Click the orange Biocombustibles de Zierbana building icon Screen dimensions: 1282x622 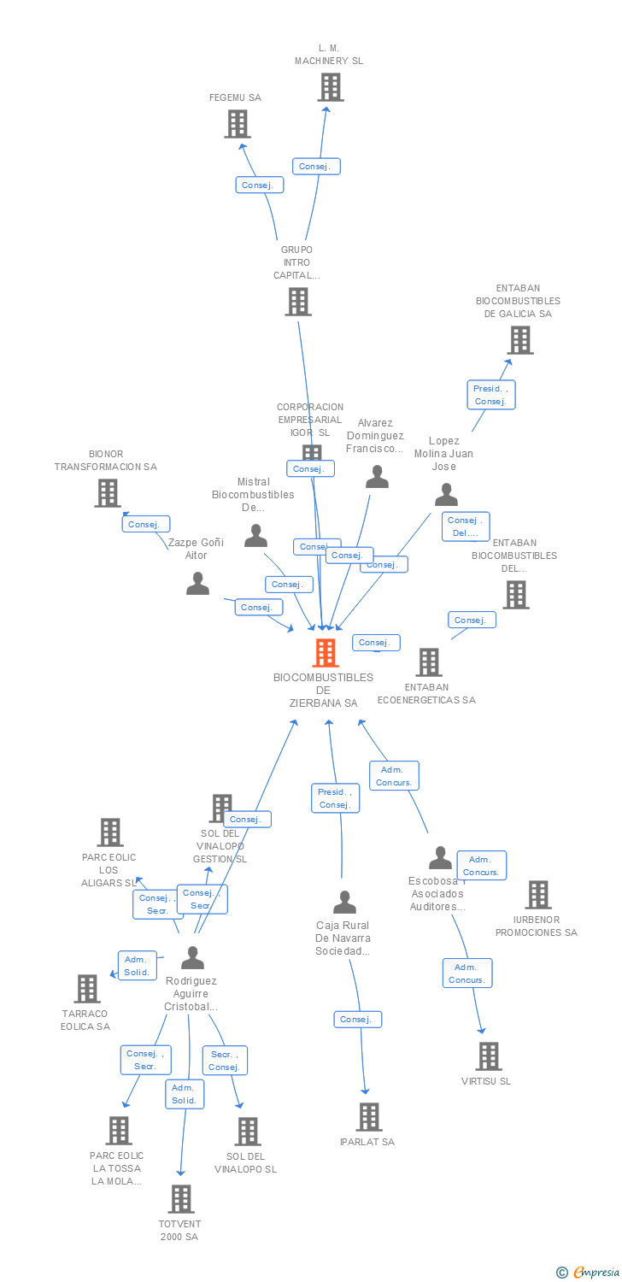[x=326, y=653]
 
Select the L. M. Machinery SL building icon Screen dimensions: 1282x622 [x=330, y=87]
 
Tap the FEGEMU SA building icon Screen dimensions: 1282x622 [x=237, y=124]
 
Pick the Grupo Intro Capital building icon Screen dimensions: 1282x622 [x=297, y=302]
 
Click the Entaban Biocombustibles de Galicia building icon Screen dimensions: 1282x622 [x=519, y=340]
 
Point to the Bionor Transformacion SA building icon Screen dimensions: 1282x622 [x=108, y=493]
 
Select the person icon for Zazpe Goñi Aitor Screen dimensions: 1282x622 [x=197, y=584]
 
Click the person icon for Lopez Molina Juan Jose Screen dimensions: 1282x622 [x=446, y=495]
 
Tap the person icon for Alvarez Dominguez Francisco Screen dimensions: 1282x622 [x=377, y=477]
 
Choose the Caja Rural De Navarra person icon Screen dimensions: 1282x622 [x=344, y=903]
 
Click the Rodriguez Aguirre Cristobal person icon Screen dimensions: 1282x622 [x=193, y=958]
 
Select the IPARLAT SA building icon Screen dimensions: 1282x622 [x=369, y=1117]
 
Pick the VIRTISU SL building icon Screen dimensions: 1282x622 [x=488, y=1056]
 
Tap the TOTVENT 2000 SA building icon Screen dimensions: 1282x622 [x=180, y=1199]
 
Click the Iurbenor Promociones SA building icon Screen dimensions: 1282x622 [x=537, y=895]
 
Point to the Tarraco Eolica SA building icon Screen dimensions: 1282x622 [x=86, y=989]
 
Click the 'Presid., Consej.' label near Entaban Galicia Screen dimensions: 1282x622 [x=491, y=395]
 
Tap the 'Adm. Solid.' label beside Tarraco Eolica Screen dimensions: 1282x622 [x=137, y=966]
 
